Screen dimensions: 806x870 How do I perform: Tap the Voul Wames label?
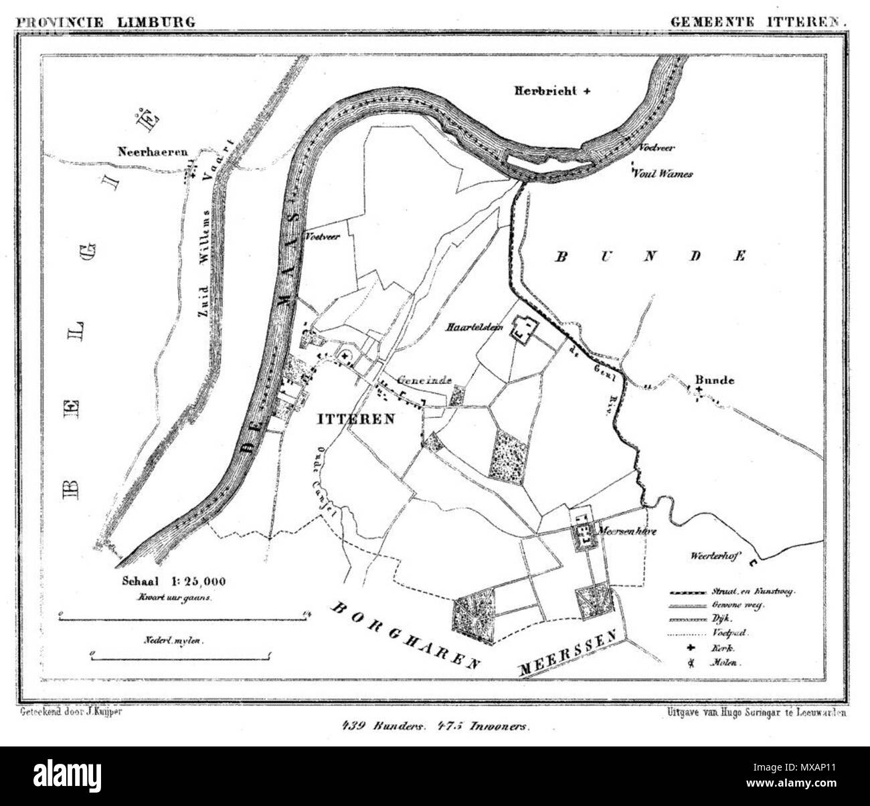[663, 174]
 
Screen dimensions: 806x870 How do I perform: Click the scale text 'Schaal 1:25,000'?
[173, 582]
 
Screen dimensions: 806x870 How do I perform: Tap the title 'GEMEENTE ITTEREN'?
[759, 21]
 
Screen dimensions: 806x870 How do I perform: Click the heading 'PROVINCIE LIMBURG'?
[106, 21]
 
